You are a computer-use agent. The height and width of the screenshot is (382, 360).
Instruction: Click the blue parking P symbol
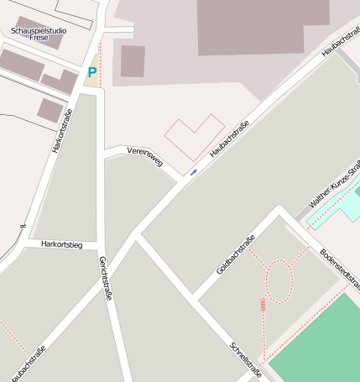[91, 72]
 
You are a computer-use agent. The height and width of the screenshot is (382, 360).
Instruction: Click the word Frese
[39, 38]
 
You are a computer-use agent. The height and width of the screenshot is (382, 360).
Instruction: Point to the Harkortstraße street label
[62, 130]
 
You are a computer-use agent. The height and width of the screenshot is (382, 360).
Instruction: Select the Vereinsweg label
[144, 155]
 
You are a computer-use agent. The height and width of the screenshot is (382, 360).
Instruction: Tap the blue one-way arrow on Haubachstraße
[195, 172]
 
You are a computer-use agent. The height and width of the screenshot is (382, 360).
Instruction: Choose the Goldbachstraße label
[236, 254]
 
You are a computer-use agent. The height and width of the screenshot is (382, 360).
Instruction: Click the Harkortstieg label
[61, 244]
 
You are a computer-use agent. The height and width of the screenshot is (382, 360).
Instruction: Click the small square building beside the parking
[133, 61]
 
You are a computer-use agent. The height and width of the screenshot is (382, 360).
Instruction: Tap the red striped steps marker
[263, 304]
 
